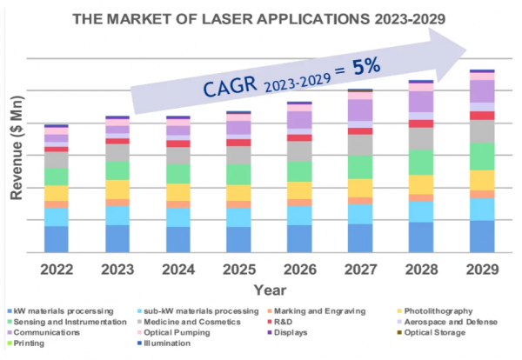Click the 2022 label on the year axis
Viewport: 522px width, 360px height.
click(57, 269)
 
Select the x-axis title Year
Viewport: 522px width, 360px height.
click(270, 289)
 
